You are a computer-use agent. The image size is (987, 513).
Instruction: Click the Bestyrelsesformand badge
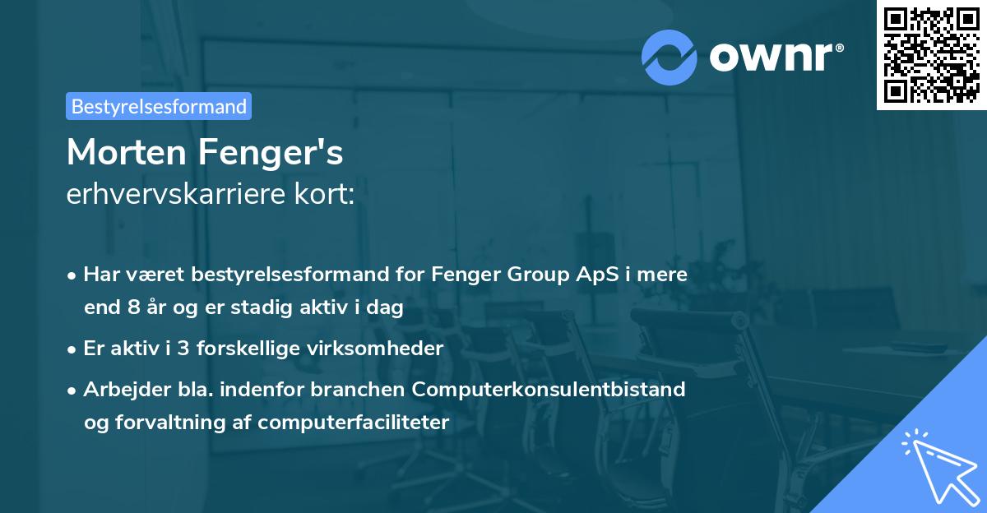[159, 106]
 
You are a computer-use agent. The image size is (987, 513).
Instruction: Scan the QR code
[931, 54]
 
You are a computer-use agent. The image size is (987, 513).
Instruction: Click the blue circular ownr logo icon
[670, 58]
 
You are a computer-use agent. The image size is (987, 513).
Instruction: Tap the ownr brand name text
[775, 58]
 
